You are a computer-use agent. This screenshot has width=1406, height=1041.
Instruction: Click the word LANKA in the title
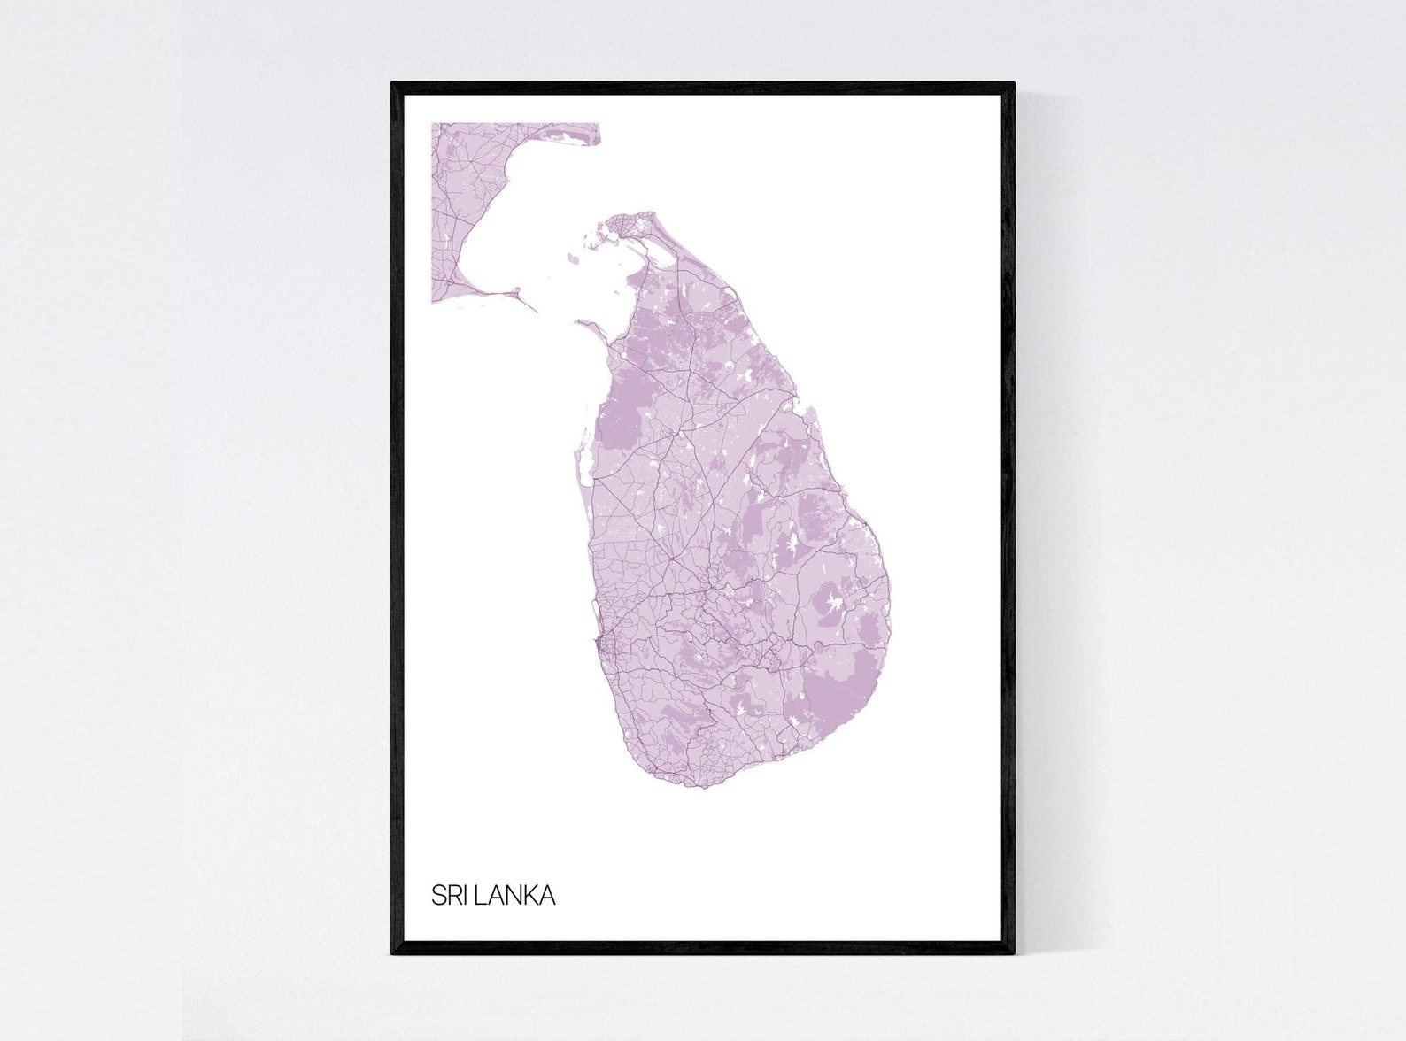515,895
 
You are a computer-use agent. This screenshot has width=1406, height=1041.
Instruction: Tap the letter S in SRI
438,895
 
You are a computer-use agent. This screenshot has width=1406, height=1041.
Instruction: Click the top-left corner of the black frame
392,84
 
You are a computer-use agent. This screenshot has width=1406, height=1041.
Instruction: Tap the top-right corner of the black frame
1013,84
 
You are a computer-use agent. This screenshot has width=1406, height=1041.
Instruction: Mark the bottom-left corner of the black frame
392,953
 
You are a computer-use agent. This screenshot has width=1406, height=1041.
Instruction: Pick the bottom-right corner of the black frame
1013,953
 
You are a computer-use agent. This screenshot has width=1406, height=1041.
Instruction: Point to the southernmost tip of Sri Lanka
704,786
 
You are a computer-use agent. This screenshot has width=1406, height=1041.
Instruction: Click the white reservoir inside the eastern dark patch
831,605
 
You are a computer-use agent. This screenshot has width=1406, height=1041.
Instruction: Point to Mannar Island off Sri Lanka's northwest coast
589,325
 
